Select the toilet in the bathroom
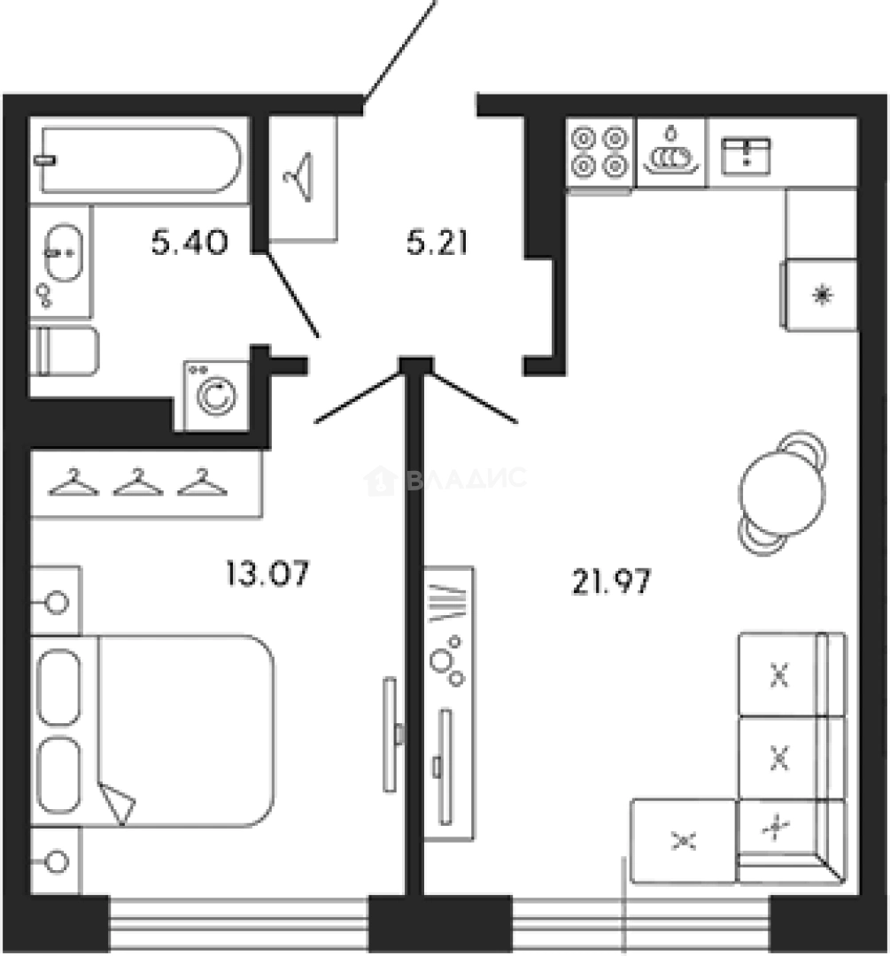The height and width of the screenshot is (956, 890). [x=64, y=351]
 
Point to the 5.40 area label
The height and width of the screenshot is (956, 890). [x=191, y=241]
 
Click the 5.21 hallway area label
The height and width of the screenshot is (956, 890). [x=436, y=241]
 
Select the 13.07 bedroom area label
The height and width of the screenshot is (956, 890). [x=267, y=574]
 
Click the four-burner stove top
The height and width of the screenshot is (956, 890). [x=600, y=152]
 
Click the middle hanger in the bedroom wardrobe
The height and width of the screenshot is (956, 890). [x=137, y=482]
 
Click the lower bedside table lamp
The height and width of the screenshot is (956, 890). [x=58, y=860]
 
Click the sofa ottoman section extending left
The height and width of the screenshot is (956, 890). [x=683, y=841]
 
